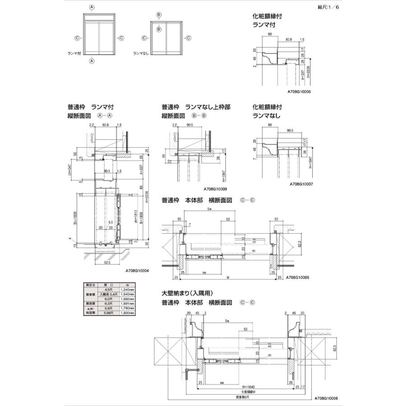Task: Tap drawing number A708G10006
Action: click(x=299, y=91)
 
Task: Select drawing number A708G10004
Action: click(x=137, y=271)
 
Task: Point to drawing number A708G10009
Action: click(x=215, y=189)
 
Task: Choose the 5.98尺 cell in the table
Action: click(x=108, y=313)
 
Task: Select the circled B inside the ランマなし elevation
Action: click(x=159, y=30)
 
